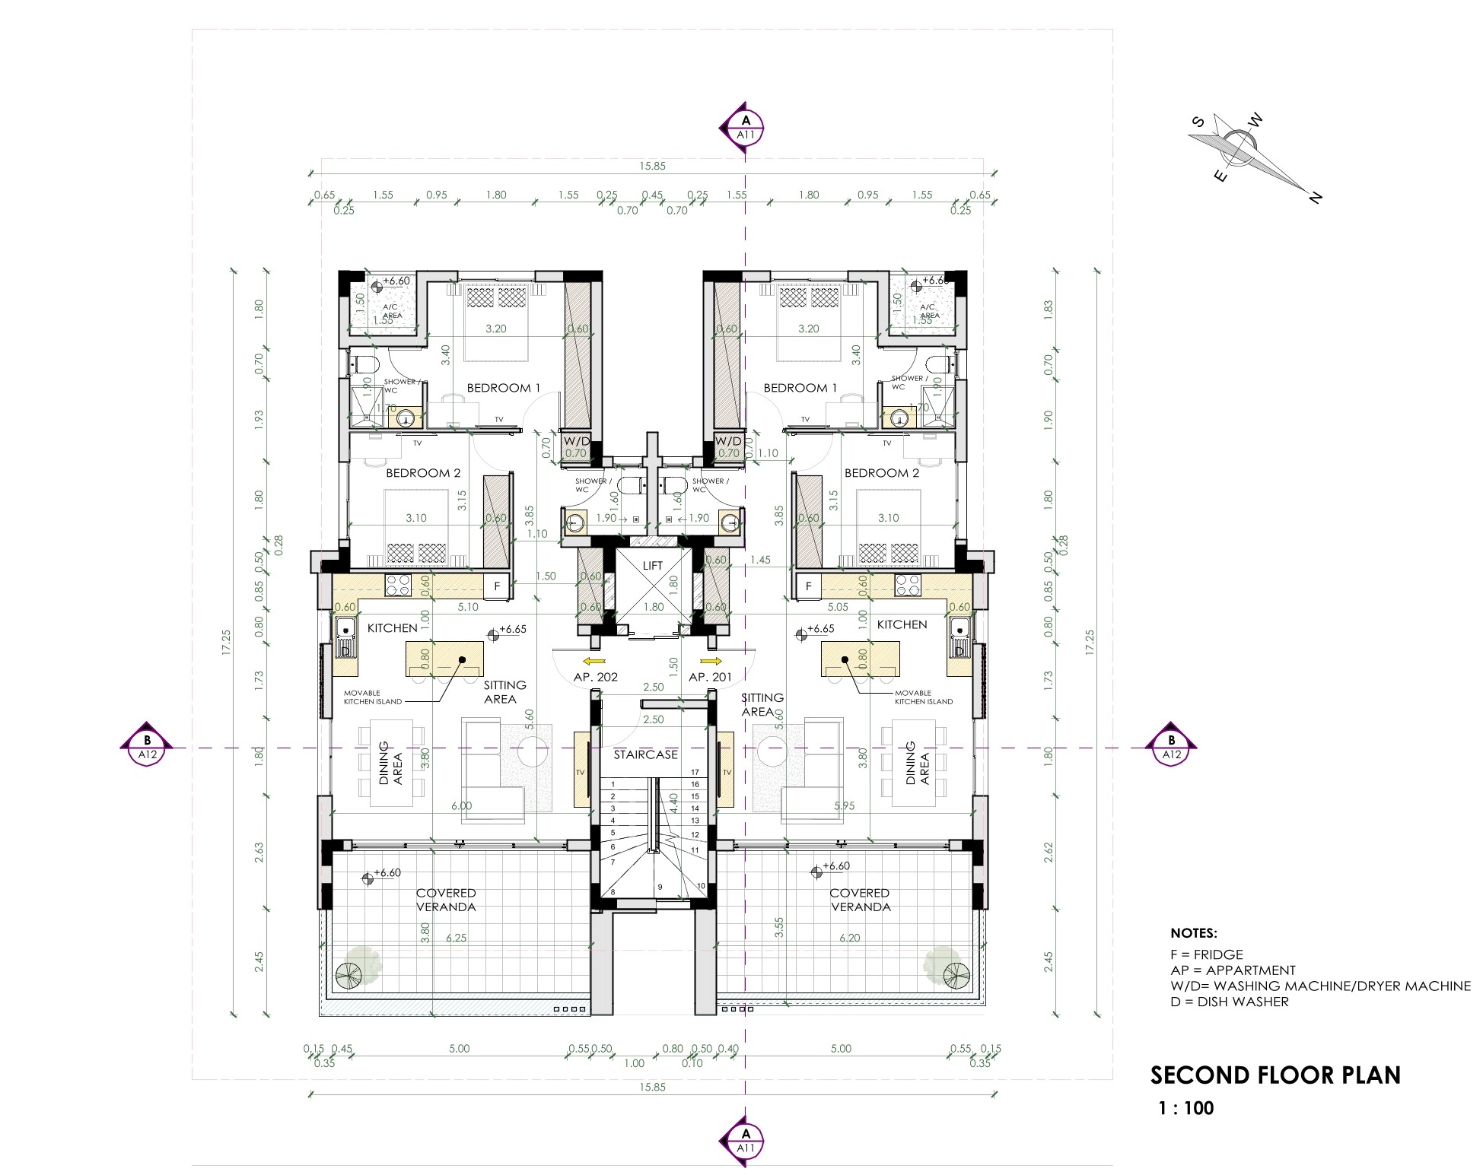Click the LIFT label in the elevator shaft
point(652,566)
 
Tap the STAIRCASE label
point(645,754)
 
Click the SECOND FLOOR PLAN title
point(1275,1075)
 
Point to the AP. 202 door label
point(595,677)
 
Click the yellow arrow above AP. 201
point(714,661)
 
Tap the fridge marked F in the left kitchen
point(497,586)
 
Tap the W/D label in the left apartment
point(576,441)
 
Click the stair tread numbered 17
point(695,773)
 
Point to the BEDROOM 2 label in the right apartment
point(881,473)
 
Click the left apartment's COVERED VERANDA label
point(446,900)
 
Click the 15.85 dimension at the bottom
point(652,1087)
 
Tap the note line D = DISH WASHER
point(1229,1002)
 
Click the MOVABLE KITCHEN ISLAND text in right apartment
point(923,697)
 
